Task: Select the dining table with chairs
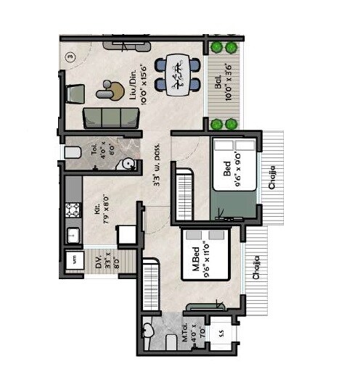click(x=177, y=72)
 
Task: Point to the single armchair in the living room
click(x=75, y=95)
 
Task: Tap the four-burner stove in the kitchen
click(x=73, y=210)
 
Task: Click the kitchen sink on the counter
click(x=73, y=235)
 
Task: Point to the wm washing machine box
click(x=73, y=259)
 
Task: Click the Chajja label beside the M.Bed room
click(x=256, y=265)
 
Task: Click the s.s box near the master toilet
click(x=220, y=333)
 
